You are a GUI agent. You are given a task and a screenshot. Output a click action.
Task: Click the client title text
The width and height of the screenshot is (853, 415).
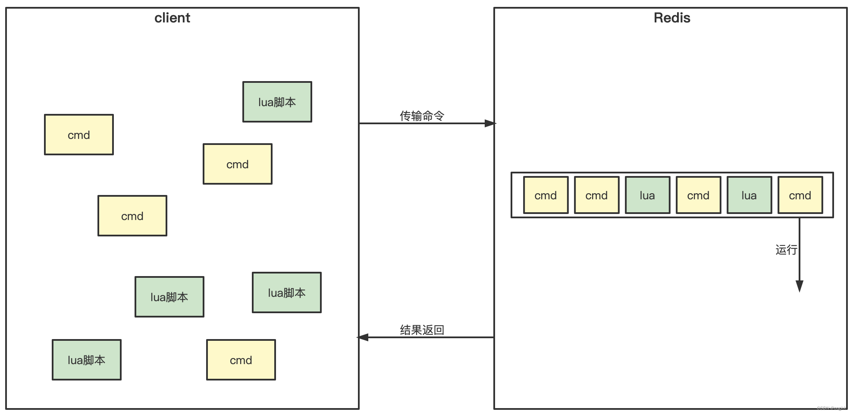172,18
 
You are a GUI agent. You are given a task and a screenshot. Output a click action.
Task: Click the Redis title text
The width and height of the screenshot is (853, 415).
671,18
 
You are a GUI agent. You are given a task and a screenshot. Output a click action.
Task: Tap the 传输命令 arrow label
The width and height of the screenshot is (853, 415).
421,116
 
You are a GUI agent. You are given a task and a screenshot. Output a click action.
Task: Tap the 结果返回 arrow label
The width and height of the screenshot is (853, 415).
421,330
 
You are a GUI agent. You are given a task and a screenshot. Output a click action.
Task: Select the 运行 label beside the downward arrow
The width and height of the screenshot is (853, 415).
786,250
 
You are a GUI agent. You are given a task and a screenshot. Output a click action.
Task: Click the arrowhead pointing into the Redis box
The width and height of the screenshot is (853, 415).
490,123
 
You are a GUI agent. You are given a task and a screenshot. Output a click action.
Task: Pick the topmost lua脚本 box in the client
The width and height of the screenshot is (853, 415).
277,102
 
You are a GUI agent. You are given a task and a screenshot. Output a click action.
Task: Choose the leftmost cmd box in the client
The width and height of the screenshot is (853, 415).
79,135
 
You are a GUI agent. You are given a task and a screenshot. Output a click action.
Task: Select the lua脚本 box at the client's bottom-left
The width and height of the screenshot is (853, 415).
86,360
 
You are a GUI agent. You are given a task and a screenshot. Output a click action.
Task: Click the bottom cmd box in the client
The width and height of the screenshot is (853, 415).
241,360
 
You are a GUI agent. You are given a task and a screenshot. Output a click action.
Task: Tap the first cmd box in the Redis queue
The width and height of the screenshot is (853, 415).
546,195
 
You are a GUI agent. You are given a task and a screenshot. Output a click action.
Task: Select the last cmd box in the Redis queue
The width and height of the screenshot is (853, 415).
800,195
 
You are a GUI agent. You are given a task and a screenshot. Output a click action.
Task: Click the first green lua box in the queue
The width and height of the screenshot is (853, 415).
647,195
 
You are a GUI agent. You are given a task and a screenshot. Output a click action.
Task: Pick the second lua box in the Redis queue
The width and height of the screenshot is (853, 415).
749,195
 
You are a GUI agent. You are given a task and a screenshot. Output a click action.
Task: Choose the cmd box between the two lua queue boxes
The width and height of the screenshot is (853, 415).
698,195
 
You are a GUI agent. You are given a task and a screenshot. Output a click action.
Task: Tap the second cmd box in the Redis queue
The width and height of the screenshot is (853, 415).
596,195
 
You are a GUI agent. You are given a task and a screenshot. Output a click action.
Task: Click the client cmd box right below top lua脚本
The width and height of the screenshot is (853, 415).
237,164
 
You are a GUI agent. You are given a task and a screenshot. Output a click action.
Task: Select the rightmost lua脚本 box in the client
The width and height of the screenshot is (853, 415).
286,293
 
